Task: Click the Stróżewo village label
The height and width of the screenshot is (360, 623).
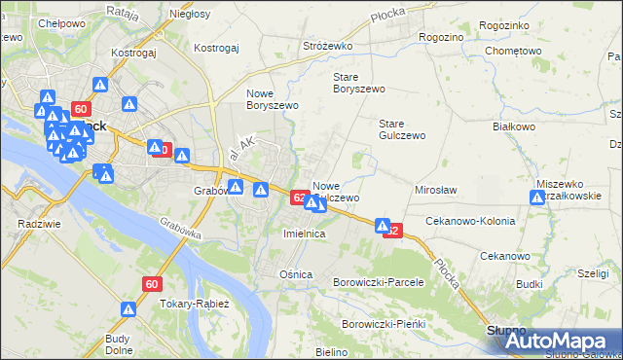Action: (x=326, y=46)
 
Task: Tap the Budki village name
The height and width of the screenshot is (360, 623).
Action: (x=530, y=284)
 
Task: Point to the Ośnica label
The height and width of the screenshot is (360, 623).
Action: (x=296, y=274)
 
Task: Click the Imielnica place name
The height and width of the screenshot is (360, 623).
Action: (x=304, y=234)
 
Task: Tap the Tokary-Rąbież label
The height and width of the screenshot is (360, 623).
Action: (x=194, y=304)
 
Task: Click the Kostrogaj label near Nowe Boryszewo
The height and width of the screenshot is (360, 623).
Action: (x=216, y=47)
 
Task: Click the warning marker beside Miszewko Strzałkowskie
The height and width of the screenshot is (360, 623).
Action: (x=536, y=198)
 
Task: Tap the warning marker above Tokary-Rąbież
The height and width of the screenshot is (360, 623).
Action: (x=128, y=308)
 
